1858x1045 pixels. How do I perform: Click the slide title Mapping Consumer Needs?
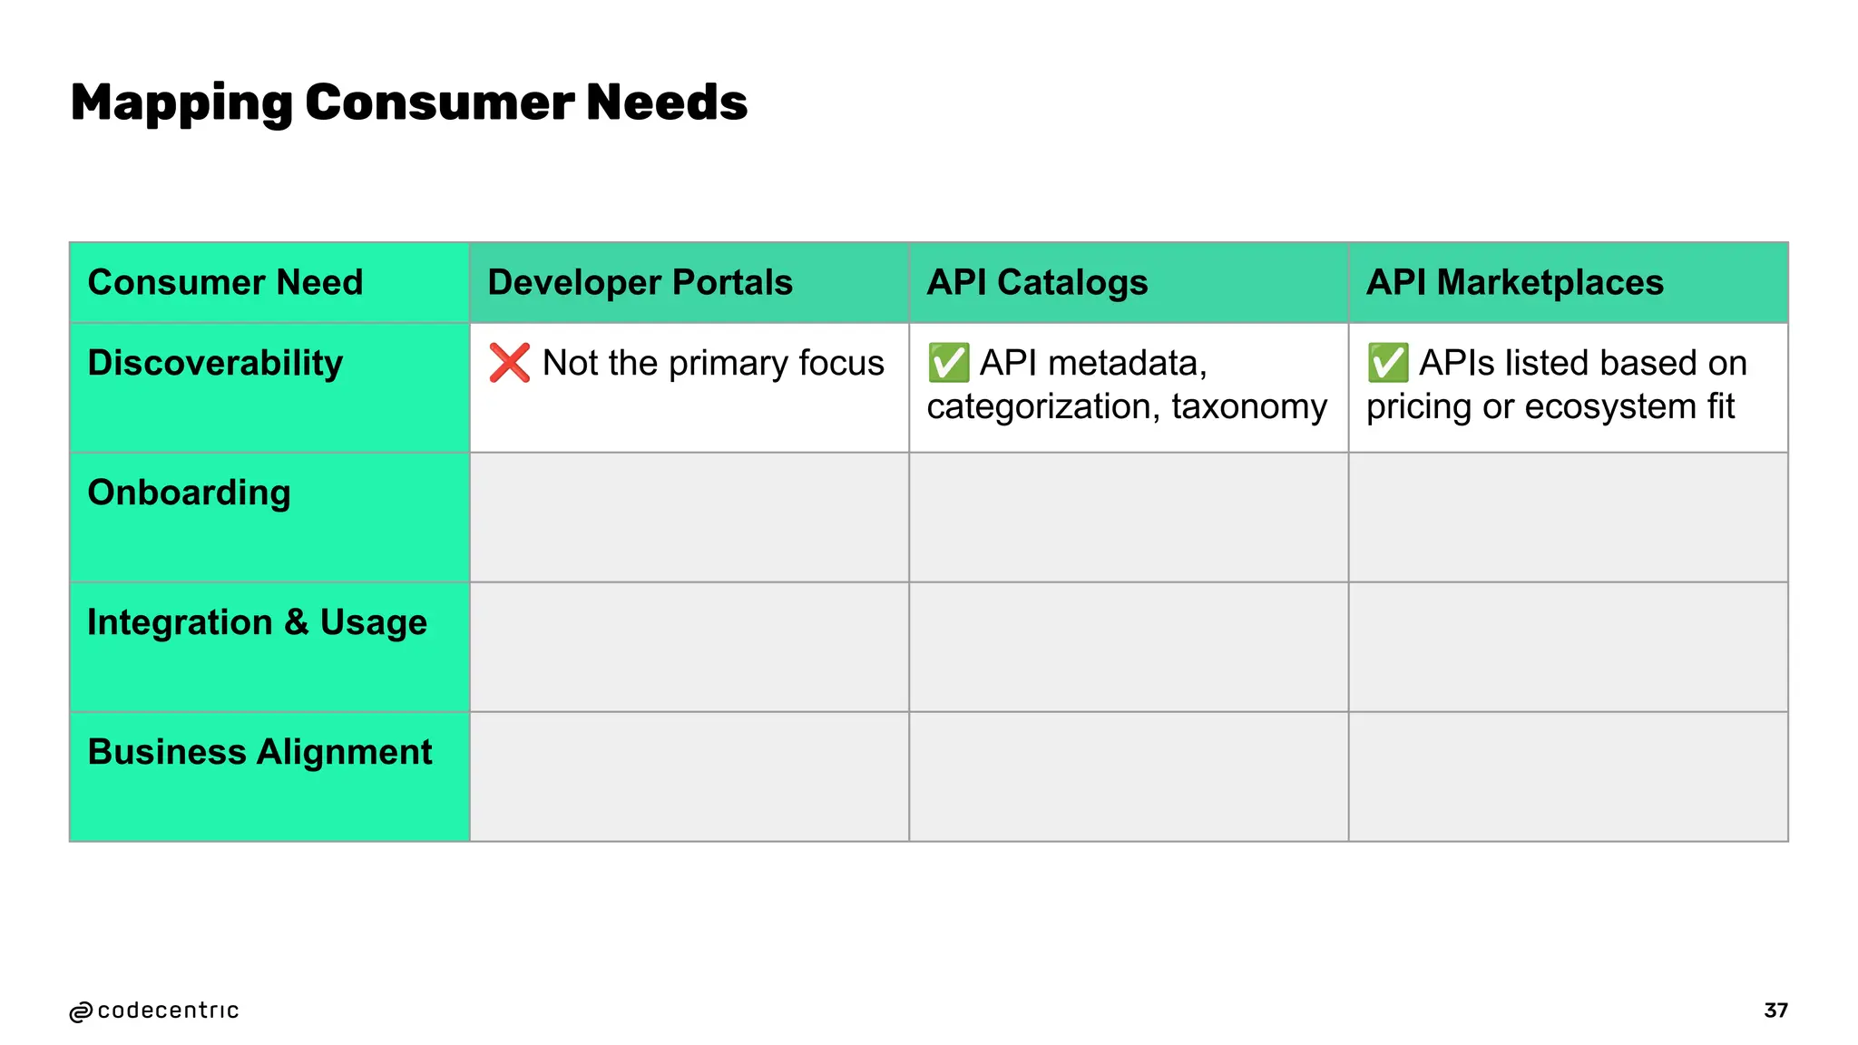click(x=408, y=103)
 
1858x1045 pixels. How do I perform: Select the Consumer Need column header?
click(x=225, y=282)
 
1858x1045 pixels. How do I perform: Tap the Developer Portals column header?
click(x=640, y=282)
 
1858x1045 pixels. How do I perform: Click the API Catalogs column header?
click(x=1037, y=282)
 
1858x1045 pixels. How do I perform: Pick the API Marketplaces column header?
click(x=1514, y=282)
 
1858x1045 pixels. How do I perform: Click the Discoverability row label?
click(x=215, y=363)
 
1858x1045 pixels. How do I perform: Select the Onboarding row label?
click(x=189, y=493)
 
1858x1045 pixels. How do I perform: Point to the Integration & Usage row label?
click(x=257, y=622)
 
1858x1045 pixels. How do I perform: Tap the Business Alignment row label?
click(x=259, y=752)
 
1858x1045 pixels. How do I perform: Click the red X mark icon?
click(x=509, y=363)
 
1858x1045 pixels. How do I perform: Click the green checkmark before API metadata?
click(x=948, y=363)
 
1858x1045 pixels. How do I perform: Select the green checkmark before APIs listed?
click(x=1388, y=363)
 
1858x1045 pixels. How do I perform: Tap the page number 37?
click(x=1775, y=1011)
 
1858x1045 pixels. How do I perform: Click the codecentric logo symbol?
click(x=81, y=1011)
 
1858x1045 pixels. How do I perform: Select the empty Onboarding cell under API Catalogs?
click(x=1129, y=517)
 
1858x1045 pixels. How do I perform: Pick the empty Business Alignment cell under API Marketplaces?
click(x=1568, y=776)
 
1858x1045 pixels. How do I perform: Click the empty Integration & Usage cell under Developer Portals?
click(x=689, y=647)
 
